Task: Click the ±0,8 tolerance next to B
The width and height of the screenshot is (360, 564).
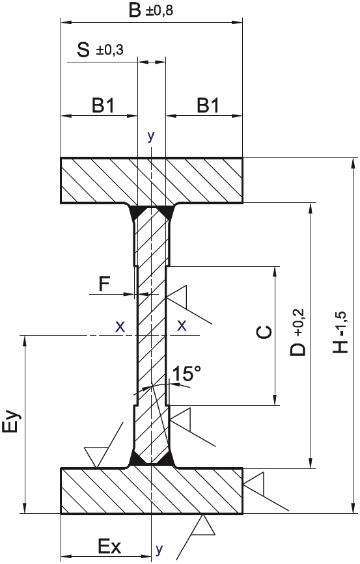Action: click(x=159, y=10)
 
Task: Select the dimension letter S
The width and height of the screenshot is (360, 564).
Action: click(x=83, y=50)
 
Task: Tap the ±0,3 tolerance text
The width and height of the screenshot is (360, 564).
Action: click(x=109, y=50)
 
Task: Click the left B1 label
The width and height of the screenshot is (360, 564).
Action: click(x=103, y=106)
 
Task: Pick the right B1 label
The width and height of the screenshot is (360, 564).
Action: click(x=208, y=106)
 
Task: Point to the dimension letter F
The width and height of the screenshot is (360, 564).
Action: click(x=104, y=284)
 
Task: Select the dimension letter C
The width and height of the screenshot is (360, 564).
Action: click(x=264, y=332)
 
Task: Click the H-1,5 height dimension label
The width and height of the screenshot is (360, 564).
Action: click(x=340, y=332)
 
